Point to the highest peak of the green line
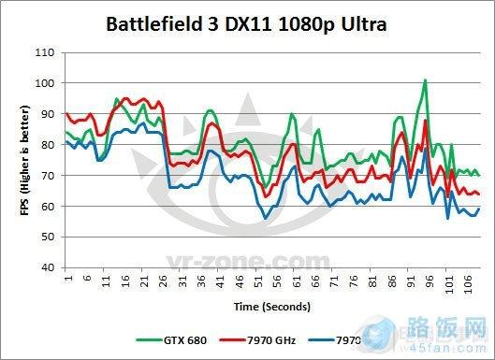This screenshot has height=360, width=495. coord(425,80)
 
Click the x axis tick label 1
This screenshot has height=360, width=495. coord(68,279)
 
